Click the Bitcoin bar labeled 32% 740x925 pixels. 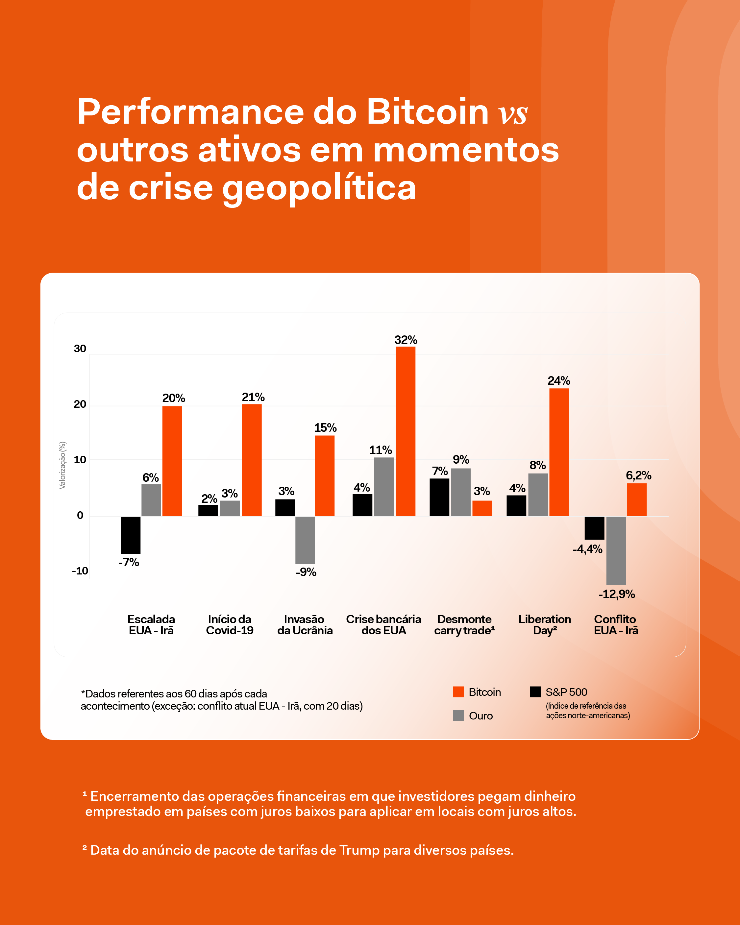tap(405, 431)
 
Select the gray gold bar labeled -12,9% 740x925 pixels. tap(616, 550)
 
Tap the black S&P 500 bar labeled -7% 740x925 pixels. tap(131, 535)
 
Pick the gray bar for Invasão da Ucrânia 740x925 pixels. tap(305, 540)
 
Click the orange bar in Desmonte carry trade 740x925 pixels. tap(482, 508)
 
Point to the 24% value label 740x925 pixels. tap(558, 380)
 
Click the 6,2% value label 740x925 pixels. tap(638, 475)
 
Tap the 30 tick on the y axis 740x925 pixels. tap(80, 348)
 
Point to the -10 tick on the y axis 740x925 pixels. tap(80, 571)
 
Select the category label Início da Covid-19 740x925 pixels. tap(230, 625)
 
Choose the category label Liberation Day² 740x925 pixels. tap(545, 625)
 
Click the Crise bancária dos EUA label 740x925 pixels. tap(383, 625)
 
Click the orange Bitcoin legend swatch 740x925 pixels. tap(458, 692)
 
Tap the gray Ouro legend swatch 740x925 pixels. tap(458, 715)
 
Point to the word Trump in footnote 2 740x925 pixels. tap(359, 850)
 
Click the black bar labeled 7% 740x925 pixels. tap(439, 497)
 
